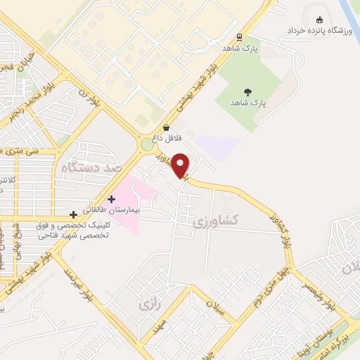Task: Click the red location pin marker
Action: (181, 165)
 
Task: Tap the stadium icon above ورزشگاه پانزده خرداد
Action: (321, 20)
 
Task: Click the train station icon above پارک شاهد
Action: (240, 37)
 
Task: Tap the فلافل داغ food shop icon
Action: (165, 127)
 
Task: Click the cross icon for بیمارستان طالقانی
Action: (111, 199)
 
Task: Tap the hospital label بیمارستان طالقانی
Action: (111, 210)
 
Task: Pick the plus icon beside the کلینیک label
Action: (74, 214)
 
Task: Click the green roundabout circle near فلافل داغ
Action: (146, 144)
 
